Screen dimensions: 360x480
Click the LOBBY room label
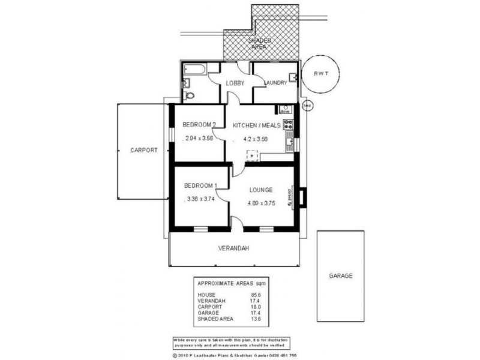click(235, 83)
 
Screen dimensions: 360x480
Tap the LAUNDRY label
click(275, 83)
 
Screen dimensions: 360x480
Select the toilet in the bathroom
click(190, 95)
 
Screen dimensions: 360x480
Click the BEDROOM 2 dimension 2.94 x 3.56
click(199, 139)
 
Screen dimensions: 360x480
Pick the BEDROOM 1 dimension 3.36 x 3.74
click(202, 199)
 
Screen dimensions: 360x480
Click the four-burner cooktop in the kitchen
click(289, 125)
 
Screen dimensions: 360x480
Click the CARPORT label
click(143, 151)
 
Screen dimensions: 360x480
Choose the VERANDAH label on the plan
click(233, 248)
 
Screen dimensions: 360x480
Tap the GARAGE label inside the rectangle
click(340, 276)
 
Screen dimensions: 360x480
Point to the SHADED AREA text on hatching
click(260, 43)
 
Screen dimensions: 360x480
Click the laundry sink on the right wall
click(294, 77)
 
